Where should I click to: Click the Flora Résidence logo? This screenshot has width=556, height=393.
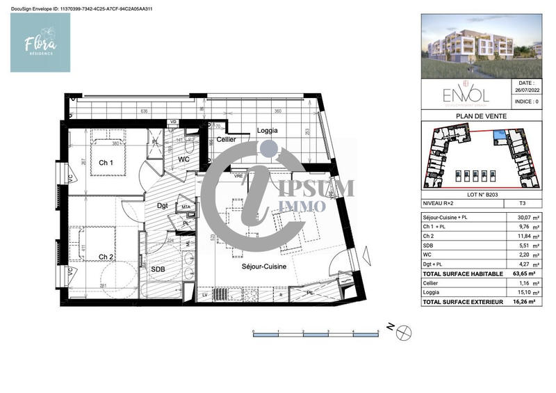40,43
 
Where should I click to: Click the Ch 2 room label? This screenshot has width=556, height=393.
106,257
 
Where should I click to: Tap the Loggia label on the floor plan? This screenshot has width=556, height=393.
249,130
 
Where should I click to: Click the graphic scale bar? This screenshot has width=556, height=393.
316,335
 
